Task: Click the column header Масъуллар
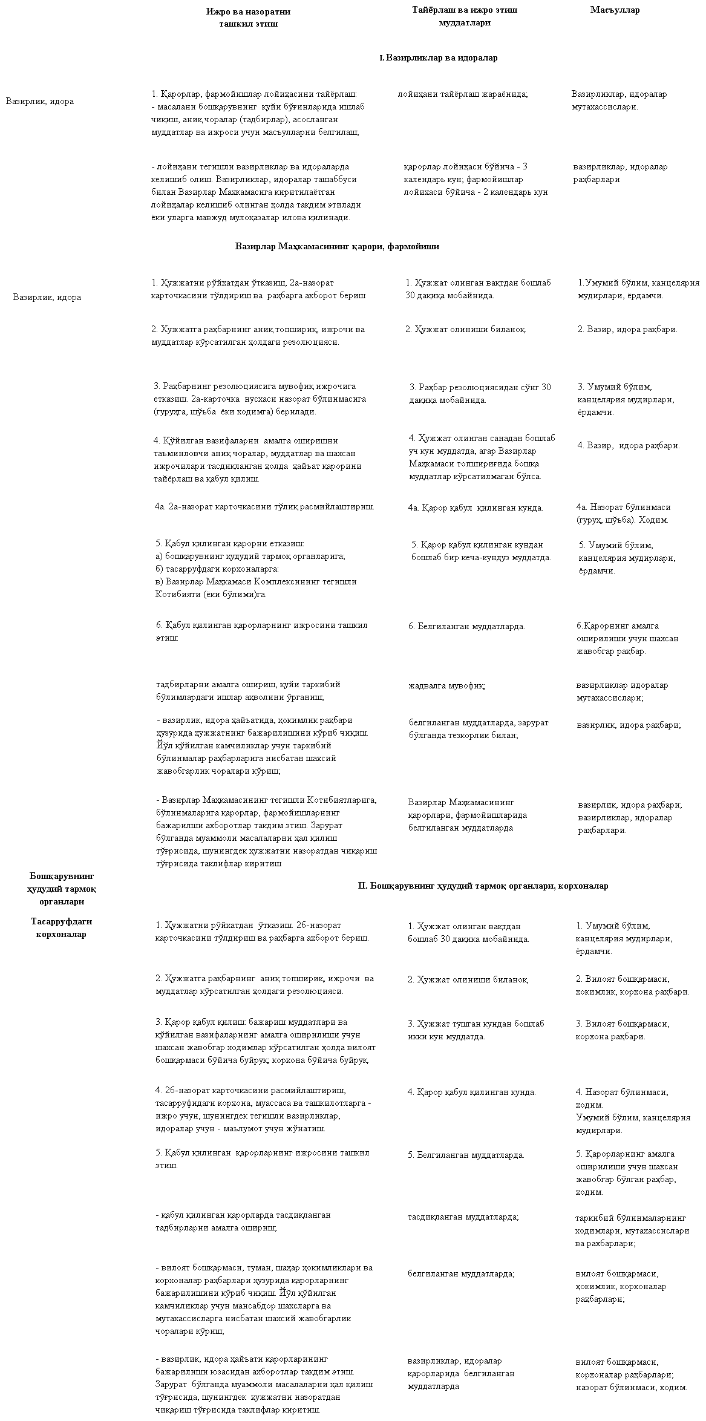coord(615,10)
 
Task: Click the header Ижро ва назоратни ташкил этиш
coord(248,18)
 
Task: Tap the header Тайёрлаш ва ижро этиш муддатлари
coord(465,16)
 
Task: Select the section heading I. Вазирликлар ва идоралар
coord(439,58)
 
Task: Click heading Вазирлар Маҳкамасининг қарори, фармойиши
coord(337,247)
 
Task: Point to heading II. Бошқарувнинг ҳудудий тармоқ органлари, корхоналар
coord(483,886)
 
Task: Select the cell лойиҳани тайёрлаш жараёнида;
coord(463,94)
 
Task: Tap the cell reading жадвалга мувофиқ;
coord(447,686)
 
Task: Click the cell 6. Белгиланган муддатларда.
coord(466,627)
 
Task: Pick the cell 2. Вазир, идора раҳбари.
coord(627,330)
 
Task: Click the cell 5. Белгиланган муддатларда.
coord(466,1155)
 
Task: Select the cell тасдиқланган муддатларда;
coord(463,1217)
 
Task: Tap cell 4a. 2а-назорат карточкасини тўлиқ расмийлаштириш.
coord(264,507)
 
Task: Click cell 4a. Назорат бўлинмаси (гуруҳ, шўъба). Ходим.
coord(623,514)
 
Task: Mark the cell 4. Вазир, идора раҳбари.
coord(629,446)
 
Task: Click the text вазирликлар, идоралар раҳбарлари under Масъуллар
coord(620,173)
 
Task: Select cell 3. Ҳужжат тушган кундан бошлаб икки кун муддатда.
coord(476,1030)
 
